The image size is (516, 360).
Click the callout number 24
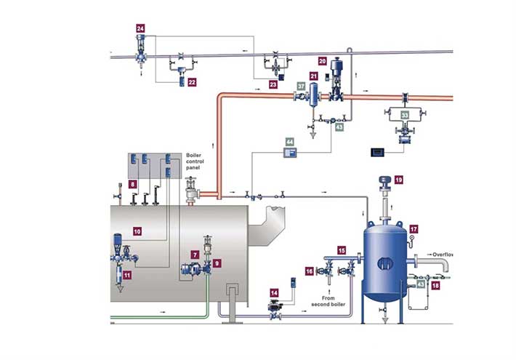point(141,28)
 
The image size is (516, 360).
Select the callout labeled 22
point(192,83)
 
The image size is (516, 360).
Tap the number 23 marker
point(273,84)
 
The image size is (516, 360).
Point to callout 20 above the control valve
point(322,62)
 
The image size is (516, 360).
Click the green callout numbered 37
point(301,86)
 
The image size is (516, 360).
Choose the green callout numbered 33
point(405,114)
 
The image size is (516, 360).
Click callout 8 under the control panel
point(133,185)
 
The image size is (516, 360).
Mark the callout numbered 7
point(195,255)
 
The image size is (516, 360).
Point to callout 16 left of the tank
point(310,271)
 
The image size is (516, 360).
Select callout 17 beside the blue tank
point(414,229)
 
